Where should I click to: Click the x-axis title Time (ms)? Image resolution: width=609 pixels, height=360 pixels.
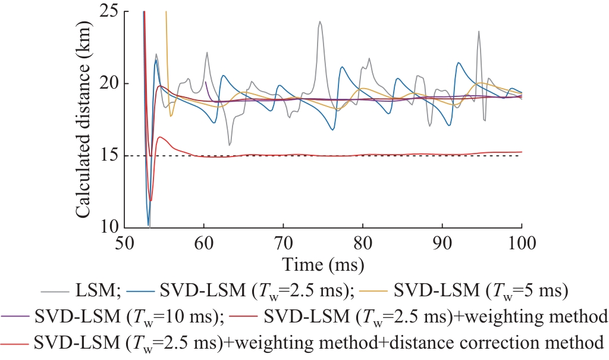click(323, 262)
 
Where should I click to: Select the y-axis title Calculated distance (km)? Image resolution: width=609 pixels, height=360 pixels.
click(84, 120)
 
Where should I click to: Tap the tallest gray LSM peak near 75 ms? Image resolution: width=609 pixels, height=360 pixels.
click(320, 22)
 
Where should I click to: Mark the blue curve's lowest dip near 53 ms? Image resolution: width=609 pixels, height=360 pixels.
click(148, 225)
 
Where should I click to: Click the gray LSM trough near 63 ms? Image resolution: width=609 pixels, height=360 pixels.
click(230, 145)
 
